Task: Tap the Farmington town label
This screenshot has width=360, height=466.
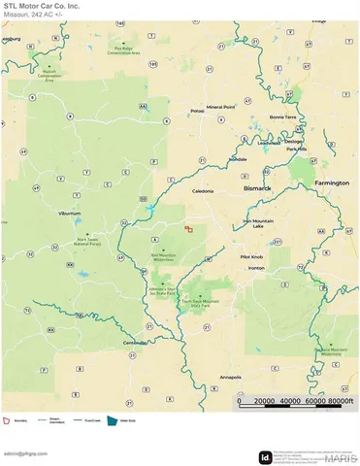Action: pos(332,182)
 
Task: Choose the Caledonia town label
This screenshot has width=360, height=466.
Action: pos(202,191)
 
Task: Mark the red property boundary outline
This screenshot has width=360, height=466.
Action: pos(189,229)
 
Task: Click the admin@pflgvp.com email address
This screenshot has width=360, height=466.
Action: pos(26,453)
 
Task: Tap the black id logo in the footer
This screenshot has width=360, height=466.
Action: pos(264,457)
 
